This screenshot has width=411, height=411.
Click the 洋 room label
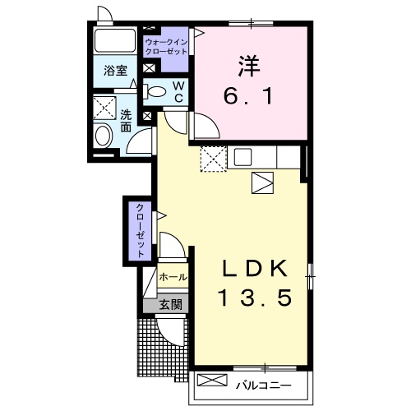249,66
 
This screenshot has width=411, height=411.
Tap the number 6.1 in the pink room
249,96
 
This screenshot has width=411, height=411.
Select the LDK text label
256,269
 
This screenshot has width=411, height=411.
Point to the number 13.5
255,298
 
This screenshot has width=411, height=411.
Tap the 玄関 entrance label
171,304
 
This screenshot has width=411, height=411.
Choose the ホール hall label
173,277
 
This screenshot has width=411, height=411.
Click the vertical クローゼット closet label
140,231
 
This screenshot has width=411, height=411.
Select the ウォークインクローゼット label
166,47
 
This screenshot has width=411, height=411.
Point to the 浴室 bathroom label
115,71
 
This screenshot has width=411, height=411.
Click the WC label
178,92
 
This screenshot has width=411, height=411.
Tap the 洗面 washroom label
126,122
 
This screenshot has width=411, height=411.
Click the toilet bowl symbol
155,91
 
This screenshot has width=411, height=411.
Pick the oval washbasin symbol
103,136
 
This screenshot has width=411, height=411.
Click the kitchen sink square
242,156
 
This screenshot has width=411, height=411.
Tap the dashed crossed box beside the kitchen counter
214,159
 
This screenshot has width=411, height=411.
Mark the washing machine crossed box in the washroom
104,108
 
